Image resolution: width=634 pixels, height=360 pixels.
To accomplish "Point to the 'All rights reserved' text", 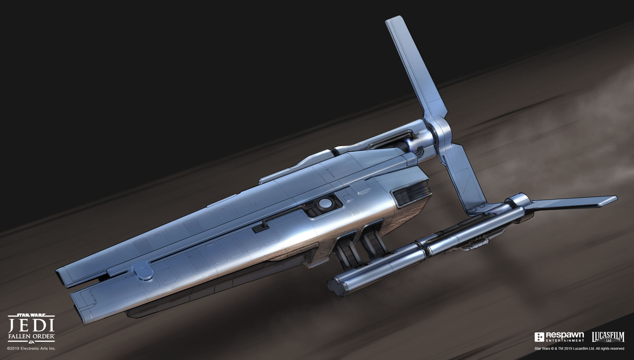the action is [x=610, y=348].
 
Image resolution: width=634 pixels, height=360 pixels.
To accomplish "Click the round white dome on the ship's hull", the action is [x=325, y=203].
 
